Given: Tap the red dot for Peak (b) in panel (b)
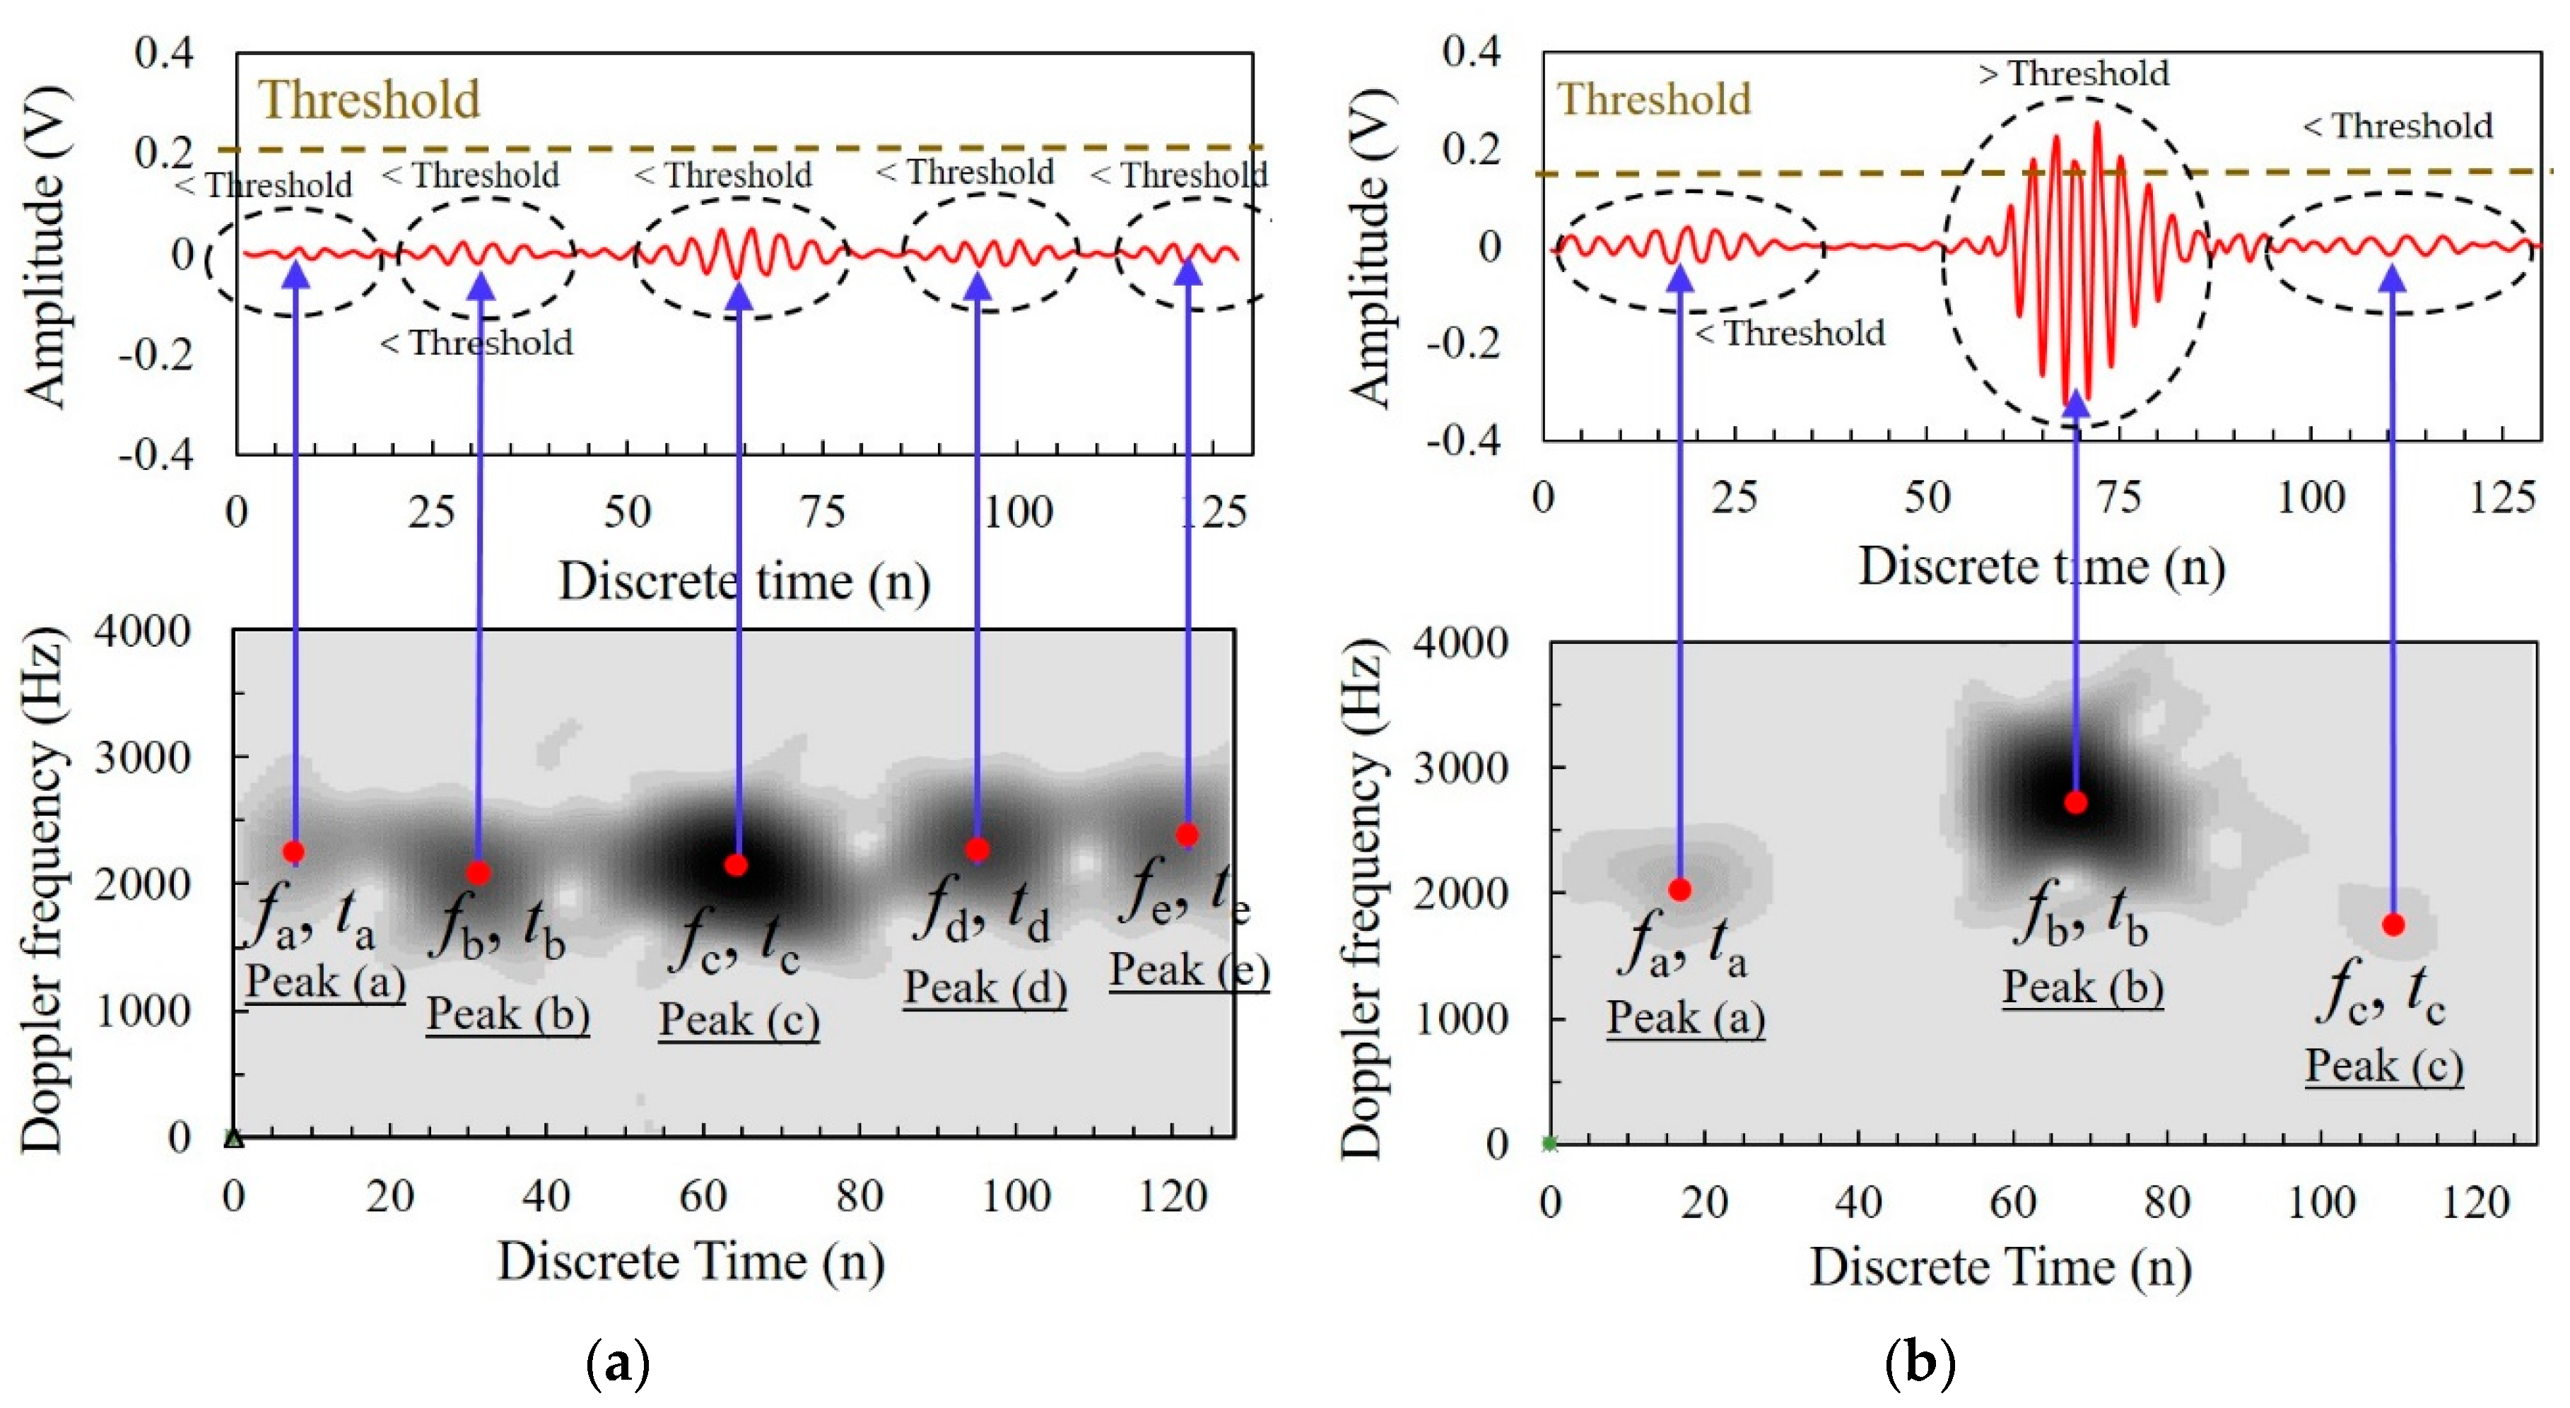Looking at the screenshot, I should pyautogui.click(x=2075, y=802).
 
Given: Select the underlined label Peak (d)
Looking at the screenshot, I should pyautogui.click(x=985, y=988).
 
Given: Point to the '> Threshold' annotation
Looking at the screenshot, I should pyautogui.click(x=2073, y=74).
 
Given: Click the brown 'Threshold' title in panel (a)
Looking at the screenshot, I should pyautogui.click(x=369, y=100).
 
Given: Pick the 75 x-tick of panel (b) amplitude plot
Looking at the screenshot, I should pyautogui.click(x=2118, y=497).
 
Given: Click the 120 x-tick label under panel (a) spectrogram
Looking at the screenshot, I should pyautogui.click(x=1173, y=1195).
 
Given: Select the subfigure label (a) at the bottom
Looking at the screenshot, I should pyautogui.click(x=618, y=1363).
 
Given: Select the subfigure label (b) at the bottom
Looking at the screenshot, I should pyautogui.click(x=1920, y=1363).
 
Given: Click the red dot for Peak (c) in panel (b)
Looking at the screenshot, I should pyautogui.click(x=2393, y=925).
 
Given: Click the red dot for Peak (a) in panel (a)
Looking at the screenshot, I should pyautogui.click(x=293, y=851).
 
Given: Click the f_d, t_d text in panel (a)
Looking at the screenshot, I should pyautogui.click(x=982, y=910).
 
